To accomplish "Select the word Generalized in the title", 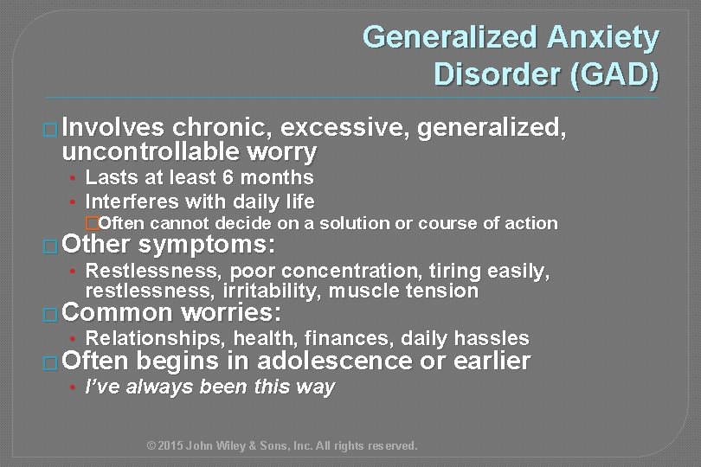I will coord(452,37).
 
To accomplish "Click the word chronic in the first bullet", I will coord(221,129).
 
